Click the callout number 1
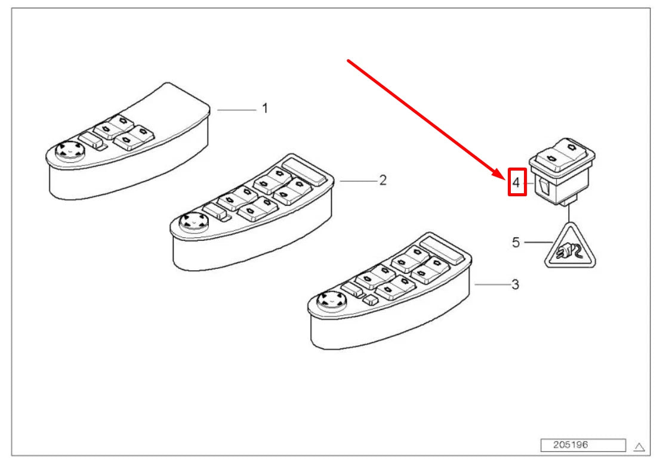click(x=265, y=108)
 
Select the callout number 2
click(x=383, y=181)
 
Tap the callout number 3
click(x=515, y=284)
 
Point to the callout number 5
click(x=516, y=242)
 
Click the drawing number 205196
click(x=571, y=444)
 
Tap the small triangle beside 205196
click(x=639, y=446)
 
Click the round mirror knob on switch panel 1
click(x=70, y=150)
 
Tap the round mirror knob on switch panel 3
click(x=332, y=301)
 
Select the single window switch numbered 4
click(x=562, y=171)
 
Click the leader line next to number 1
click(x=236, y=110)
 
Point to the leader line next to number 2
click(x=357, y=181)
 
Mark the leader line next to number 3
click(x=492, y=284)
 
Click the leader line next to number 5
click(x=538, y=242)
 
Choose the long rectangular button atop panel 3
click(x=442, y=249)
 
